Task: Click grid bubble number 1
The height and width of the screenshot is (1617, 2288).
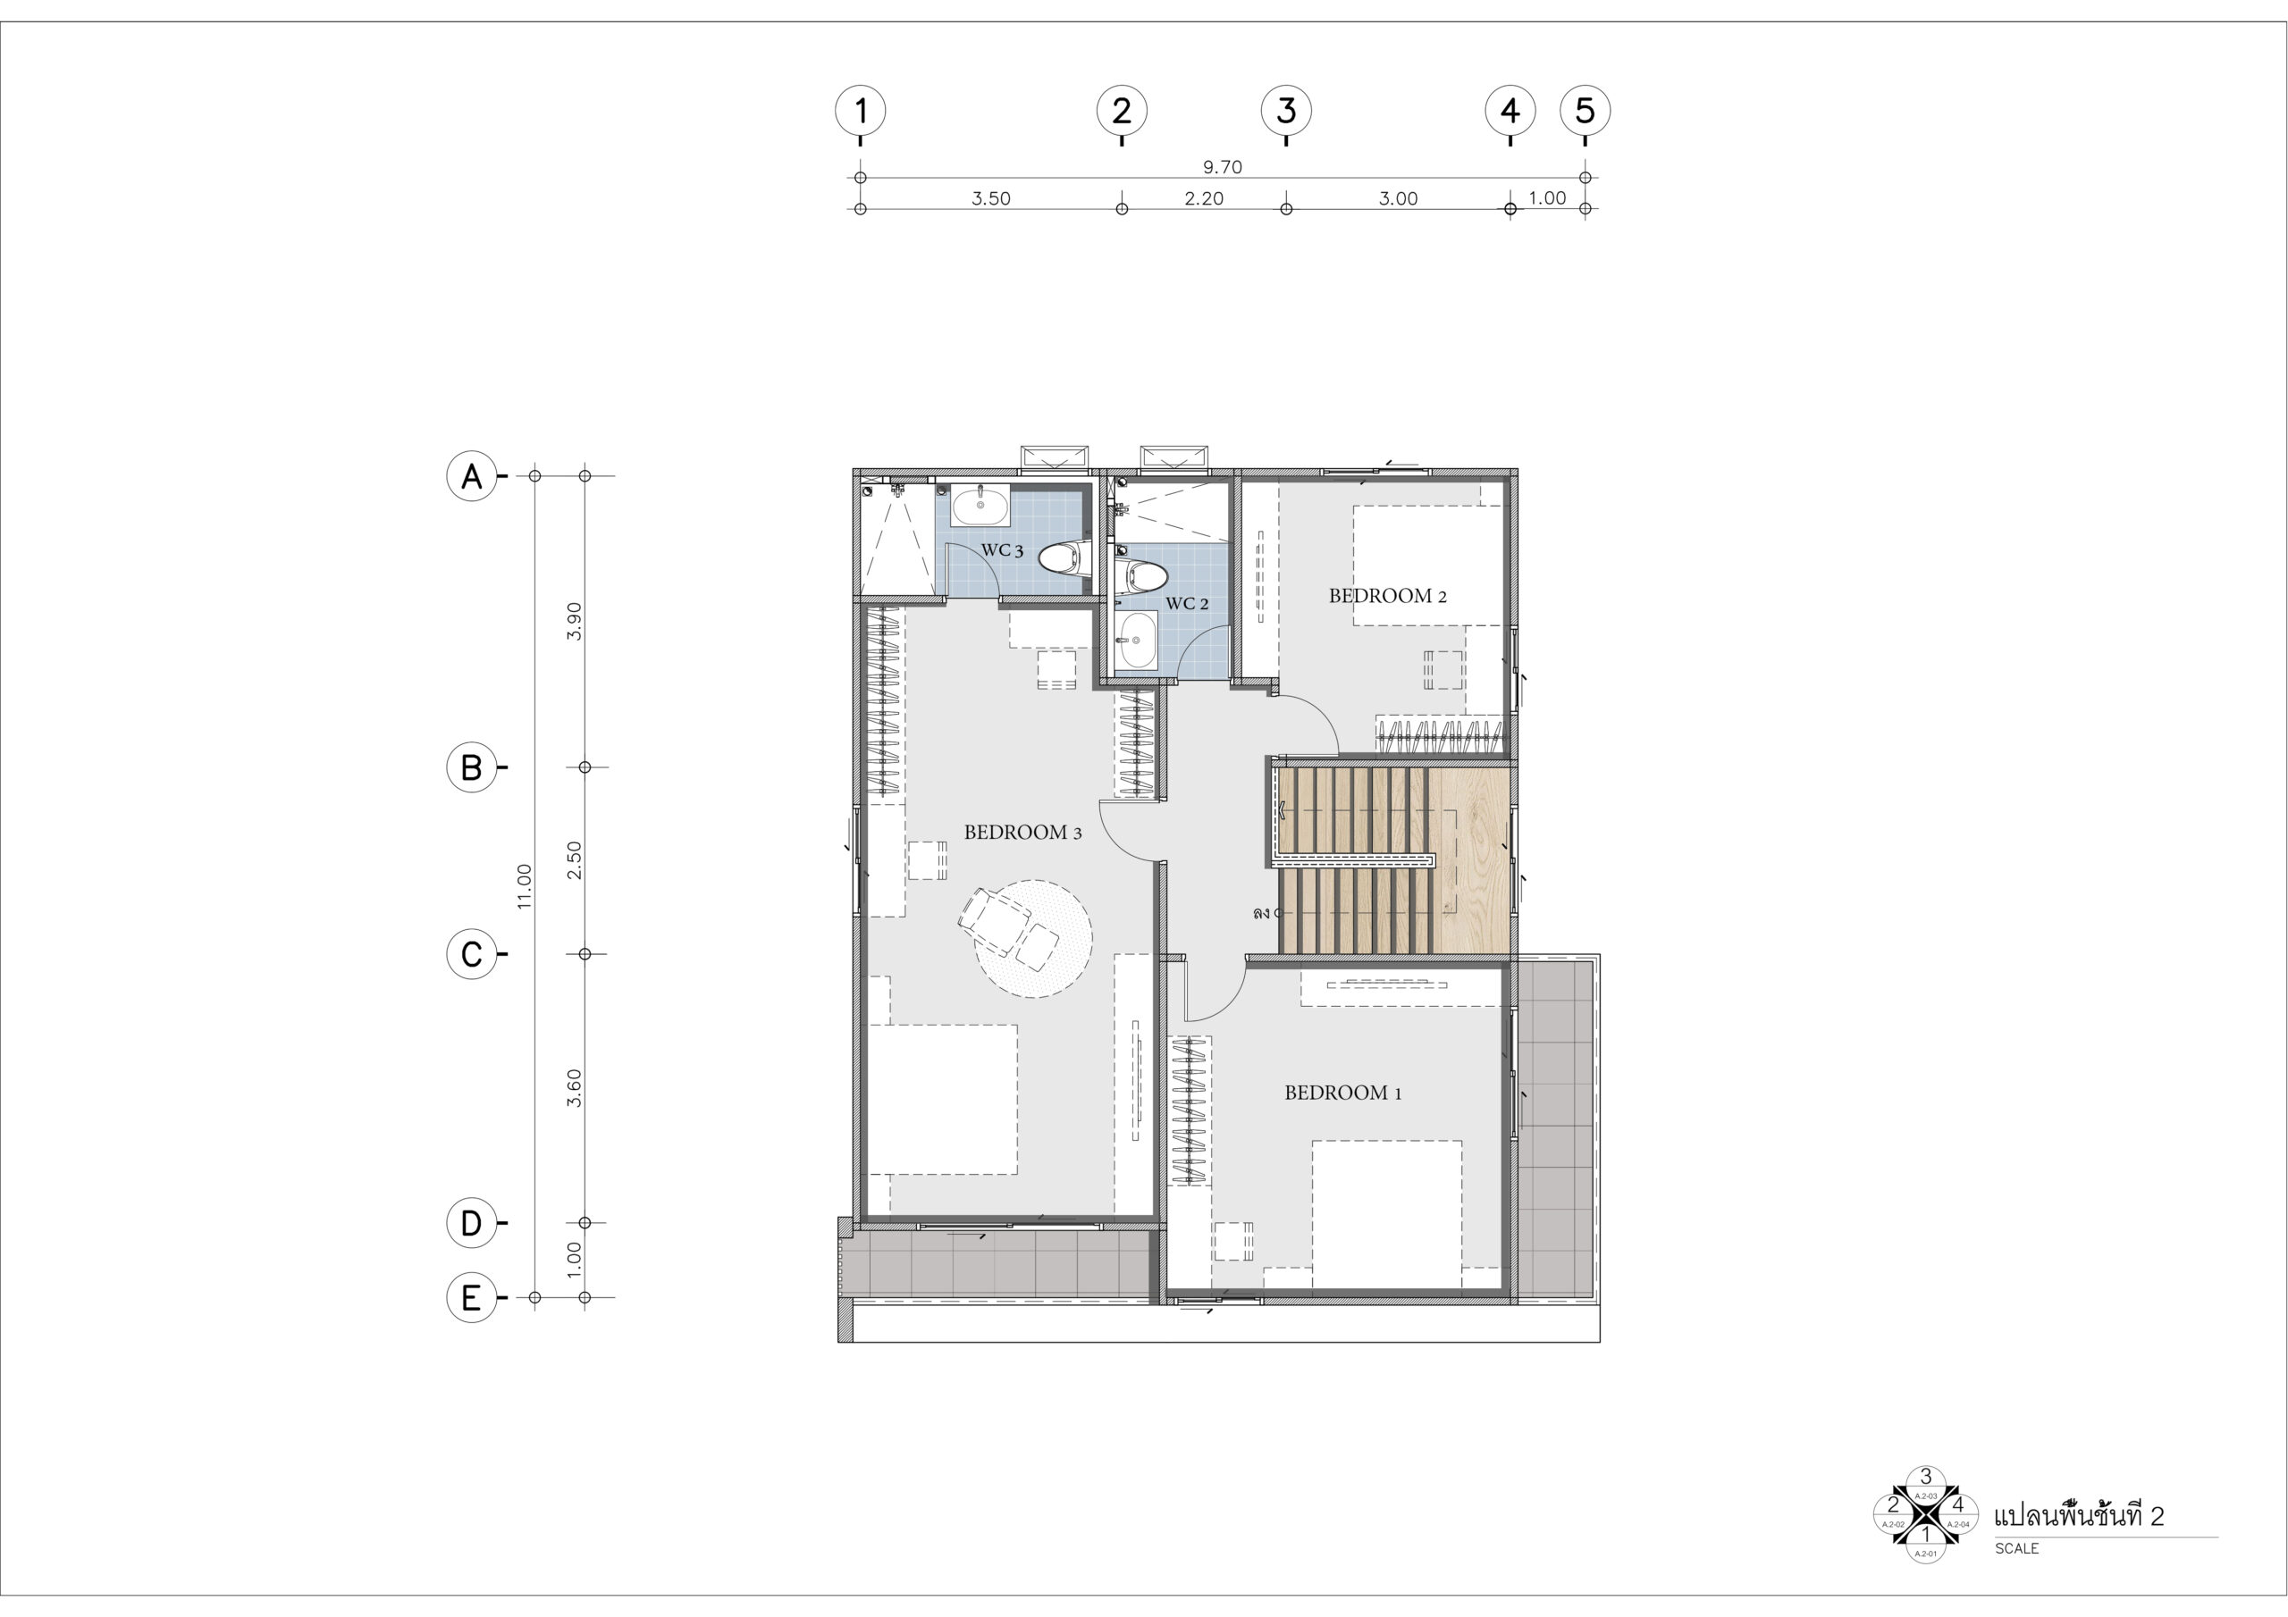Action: [860, 110]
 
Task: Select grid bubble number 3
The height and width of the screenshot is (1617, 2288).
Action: [1286, 110]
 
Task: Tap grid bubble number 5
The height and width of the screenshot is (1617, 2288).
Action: [1586, 110]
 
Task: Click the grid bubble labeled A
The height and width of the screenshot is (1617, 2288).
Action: [471, 476]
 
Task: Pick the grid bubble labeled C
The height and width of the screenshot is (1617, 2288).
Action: [471, 953]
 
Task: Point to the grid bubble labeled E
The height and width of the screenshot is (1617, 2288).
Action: [471, 1297]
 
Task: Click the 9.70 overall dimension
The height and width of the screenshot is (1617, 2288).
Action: [1223, 167]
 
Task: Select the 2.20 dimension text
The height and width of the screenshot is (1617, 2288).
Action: [1204, 198]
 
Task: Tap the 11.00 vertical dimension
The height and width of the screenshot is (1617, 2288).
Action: [524, 885]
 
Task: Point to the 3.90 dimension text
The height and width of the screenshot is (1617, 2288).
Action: [574, 622]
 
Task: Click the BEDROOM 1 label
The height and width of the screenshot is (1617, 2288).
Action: [1343, 1093]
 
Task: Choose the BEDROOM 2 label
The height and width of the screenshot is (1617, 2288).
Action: [1387, 596]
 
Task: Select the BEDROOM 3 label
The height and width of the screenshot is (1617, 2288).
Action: [1022, 832]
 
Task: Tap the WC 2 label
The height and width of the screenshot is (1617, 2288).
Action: [1187, 604]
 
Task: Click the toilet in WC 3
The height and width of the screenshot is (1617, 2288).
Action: [1066, 559]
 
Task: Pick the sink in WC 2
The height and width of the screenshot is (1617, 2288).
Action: [1137, 641]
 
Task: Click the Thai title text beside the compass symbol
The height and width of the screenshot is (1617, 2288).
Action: [2079, 1515]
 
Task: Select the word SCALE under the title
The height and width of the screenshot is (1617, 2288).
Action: [2016, 1548]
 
